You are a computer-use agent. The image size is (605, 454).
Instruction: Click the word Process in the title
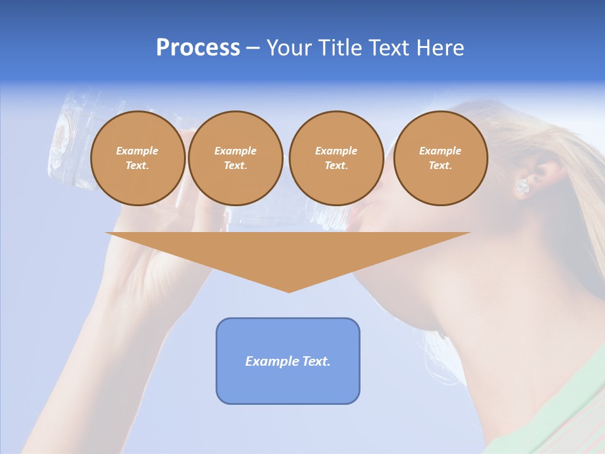click(x=198, y=48)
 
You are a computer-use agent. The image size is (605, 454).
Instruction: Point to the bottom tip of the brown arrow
click(x=289, y=291)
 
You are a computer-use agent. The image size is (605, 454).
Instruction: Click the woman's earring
click(x=522, y=187)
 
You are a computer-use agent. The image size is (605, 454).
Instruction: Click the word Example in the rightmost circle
click(x=440, y=151)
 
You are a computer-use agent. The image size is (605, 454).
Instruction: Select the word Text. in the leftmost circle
click(x=137, y=166)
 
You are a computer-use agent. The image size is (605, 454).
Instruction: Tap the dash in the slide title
click(x=253, y=49)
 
